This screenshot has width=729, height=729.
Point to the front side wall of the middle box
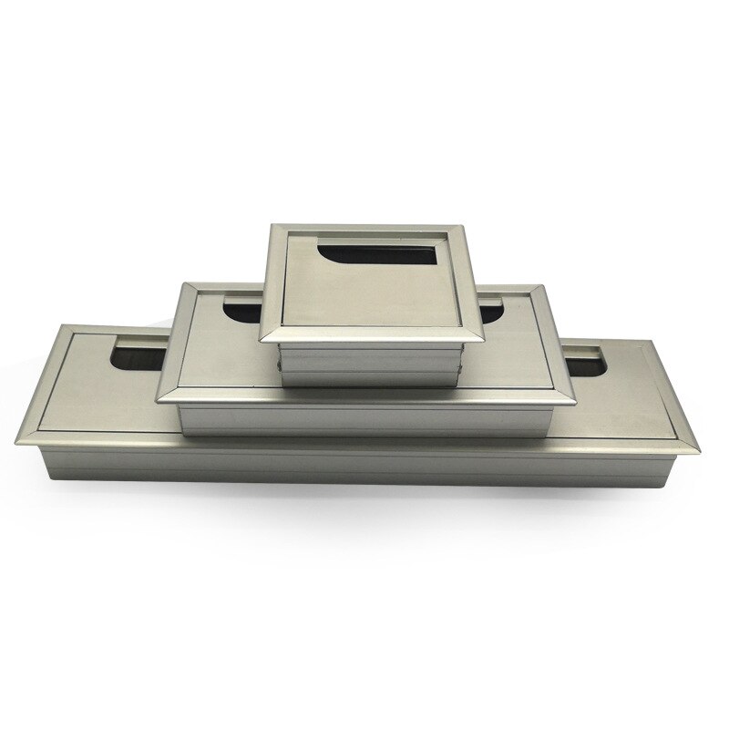click(x=364, y=420)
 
